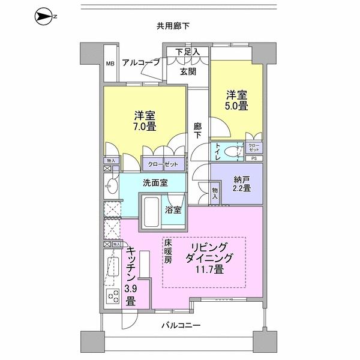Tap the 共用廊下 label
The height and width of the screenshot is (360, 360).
(173, 26)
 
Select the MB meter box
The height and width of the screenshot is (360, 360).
(110, 63)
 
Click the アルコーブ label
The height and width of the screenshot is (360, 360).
(140, 62)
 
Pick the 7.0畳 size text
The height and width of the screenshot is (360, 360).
(145, 126)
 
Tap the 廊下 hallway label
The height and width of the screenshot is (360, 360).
(197, 131)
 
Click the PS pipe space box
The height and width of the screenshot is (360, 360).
(253, 159)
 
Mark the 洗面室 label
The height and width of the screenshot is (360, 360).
(155, 182)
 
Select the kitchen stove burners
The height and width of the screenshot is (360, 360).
(112, 296)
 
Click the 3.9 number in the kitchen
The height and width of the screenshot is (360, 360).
(130, 290)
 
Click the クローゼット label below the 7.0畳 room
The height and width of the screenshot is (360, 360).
(160, 163)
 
